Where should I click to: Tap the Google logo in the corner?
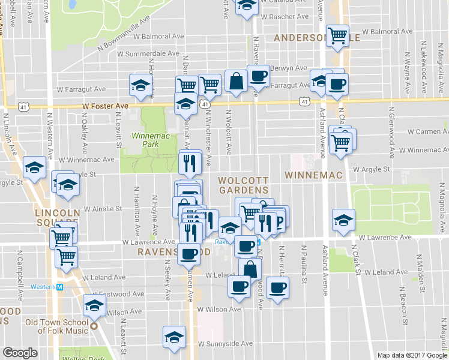20,353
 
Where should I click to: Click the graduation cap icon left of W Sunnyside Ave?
174,338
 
